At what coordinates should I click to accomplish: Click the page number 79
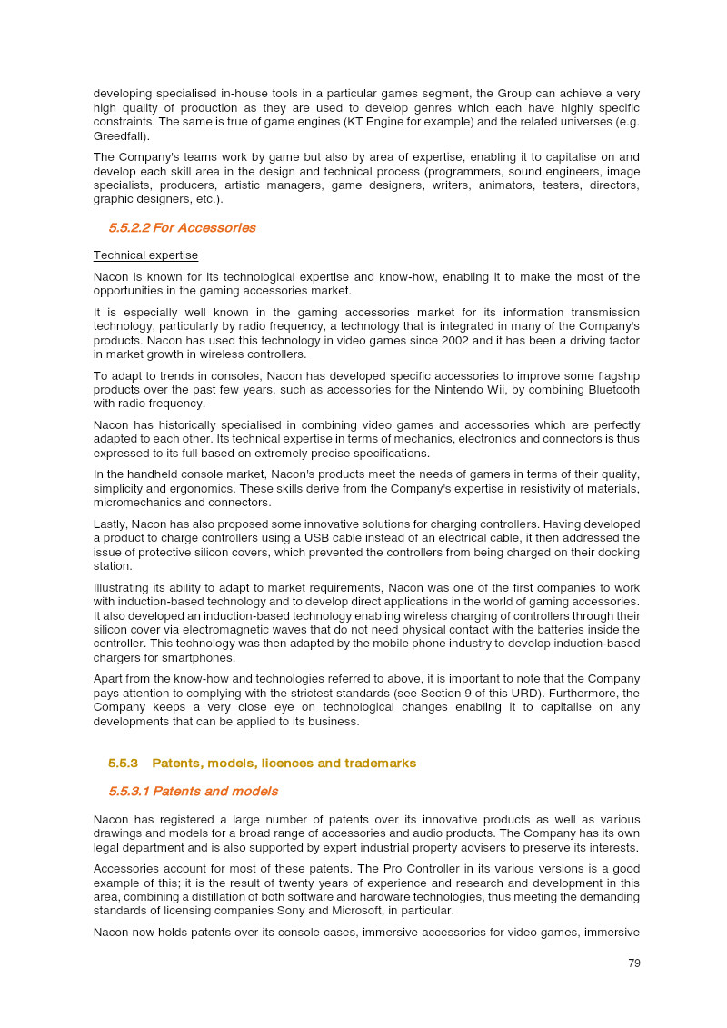point(634,963)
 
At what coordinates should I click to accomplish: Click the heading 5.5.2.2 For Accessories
point(182,228)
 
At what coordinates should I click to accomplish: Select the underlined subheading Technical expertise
point(145,255)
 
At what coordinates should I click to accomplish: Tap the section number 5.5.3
point(123,764)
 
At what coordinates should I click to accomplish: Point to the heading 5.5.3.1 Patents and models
point(193,792)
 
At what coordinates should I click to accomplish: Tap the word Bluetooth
point(608,390)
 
